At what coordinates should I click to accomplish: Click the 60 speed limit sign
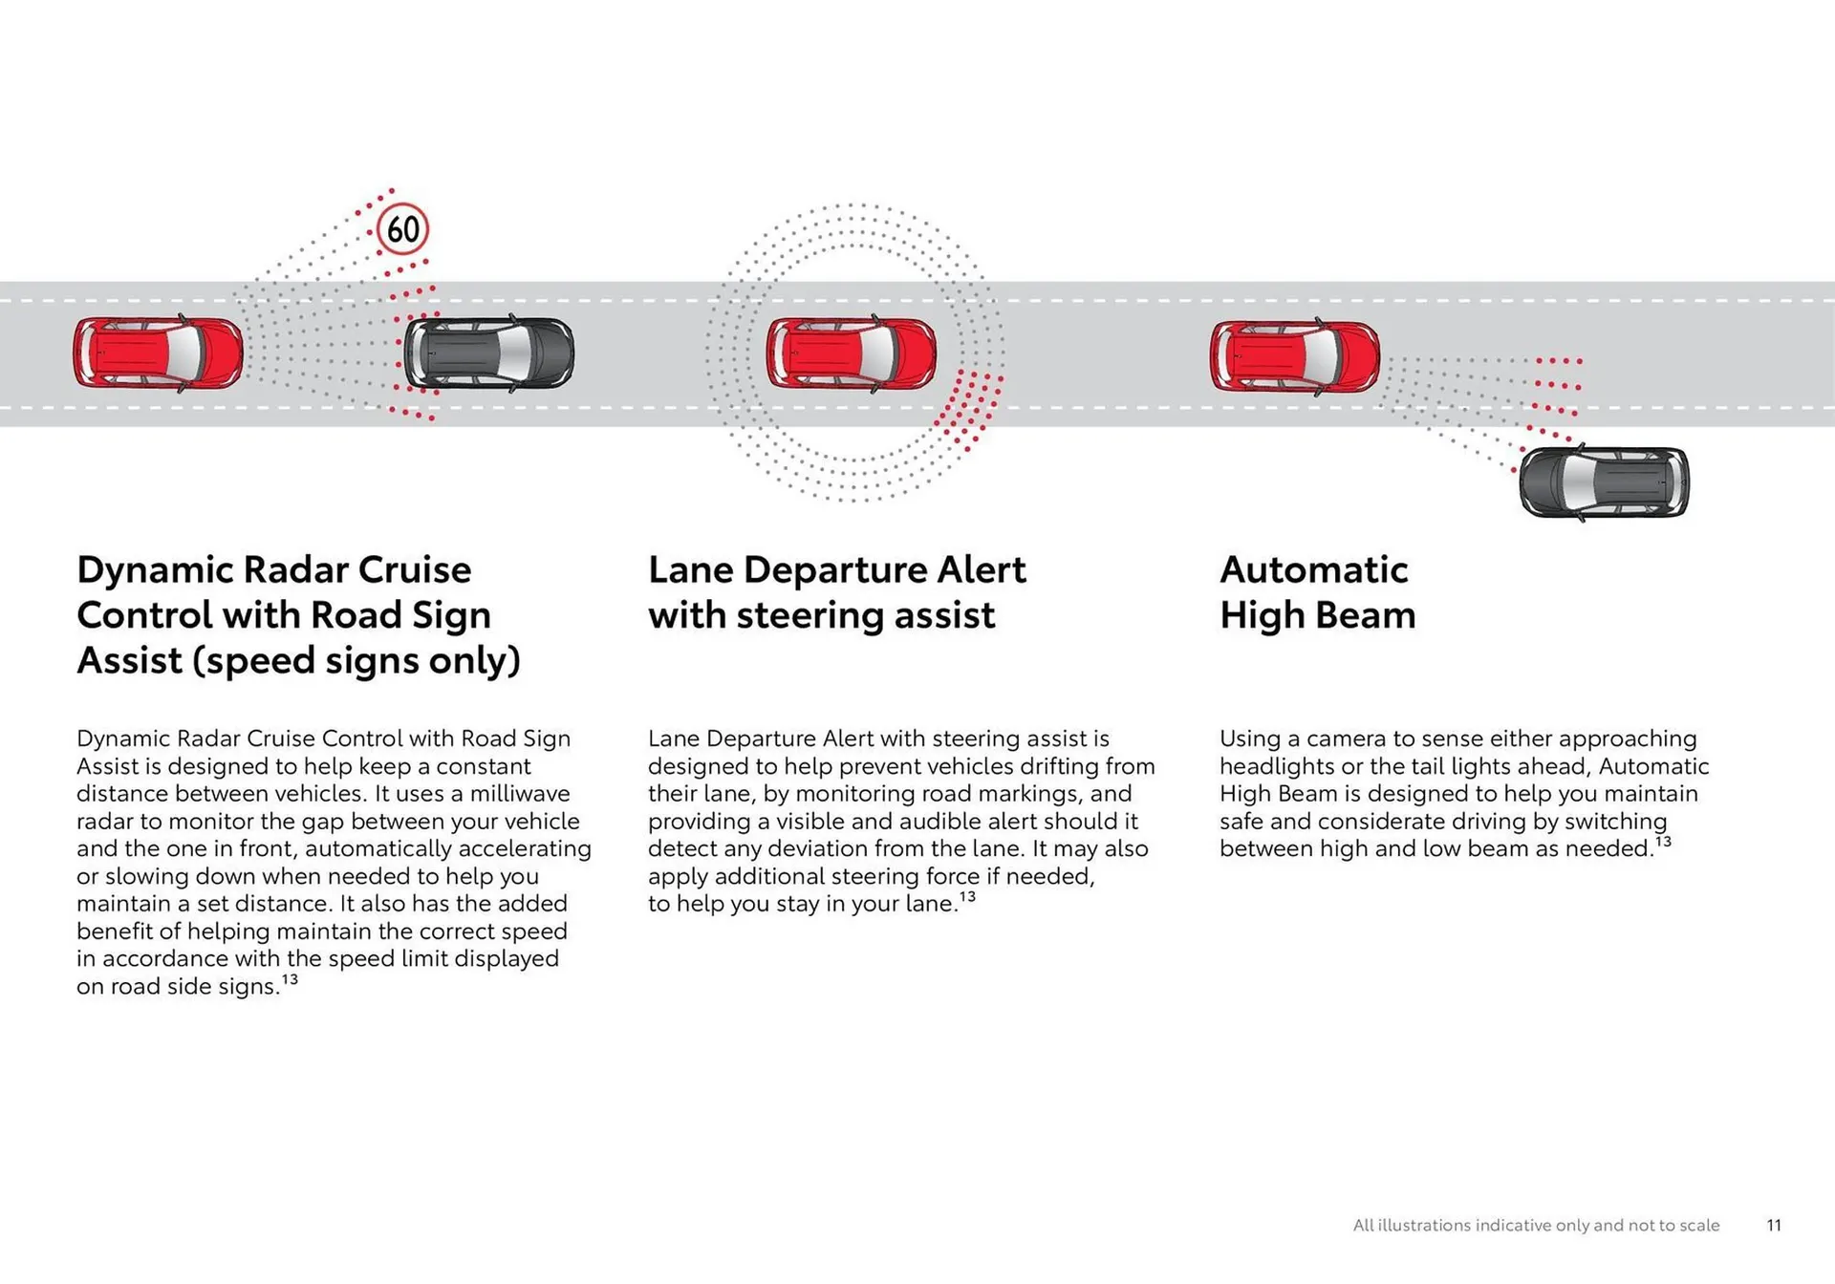click(402, 229)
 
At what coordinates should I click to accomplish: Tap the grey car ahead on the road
click(488, 353)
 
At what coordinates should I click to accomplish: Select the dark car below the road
click(1604, 482)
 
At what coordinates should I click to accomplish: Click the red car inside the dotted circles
click(851, 353)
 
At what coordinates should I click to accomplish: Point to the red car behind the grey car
click(159, 353)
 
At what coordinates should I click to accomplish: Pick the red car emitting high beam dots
click(1294, 355)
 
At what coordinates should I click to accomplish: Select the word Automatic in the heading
click(1313, 570)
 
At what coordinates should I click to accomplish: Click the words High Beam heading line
click(1317, 616)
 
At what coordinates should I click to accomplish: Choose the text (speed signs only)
click(356, 661)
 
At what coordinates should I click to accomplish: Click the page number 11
click(1774, 1226)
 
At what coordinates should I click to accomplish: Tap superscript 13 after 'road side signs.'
click(290, 979)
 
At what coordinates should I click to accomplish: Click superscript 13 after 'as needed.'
click(1663, 842)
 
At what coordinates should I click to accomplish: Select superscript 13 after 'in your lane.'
click(967, 897)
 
